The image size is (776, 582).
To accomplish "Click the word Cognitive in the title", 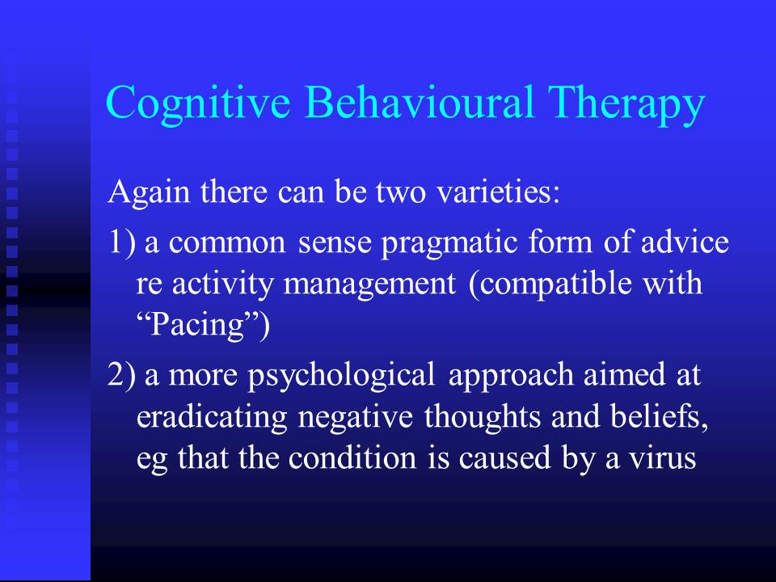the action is click(198, 103).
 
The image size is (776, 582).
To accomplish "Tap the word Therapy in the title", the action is click(626, 104).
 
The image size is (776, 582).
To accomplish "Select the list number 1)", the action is click(121, 242).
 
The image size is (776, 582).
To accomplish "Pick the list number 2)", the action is click(121, 374).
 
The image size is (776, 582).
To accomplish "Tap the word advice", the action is click(685, 242).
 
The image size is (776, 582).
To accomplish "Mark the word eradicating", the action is click(212, 417).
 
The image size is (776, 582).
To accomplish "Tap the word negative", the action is click(356, 417).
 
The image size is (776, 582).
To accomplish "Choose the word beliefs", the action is click(660, 415).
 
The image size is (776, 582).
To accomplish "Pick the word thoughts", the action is click(482, 416).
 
